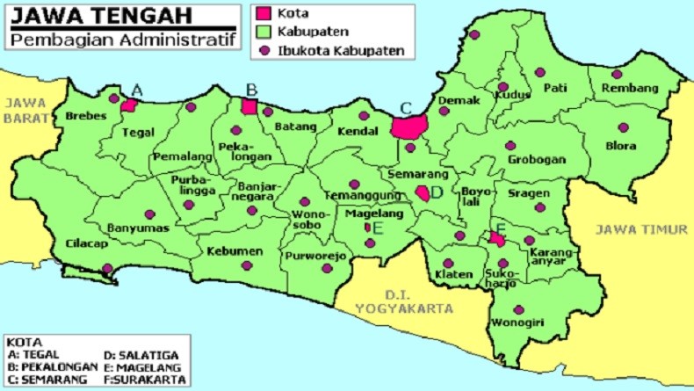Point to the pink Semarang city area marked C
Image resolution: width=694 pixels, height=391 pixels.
point(408,127)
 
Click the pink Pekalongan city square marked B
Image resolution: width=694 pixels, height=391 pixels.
point(249,106)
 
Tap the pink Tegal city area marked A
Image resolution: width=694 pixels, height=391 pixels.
point(129,105)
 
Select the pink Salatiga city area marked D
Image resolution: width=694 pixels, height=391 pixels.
point(423,193)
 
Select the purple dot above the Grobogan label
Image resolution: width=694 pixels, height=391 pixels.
point(510,146)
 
